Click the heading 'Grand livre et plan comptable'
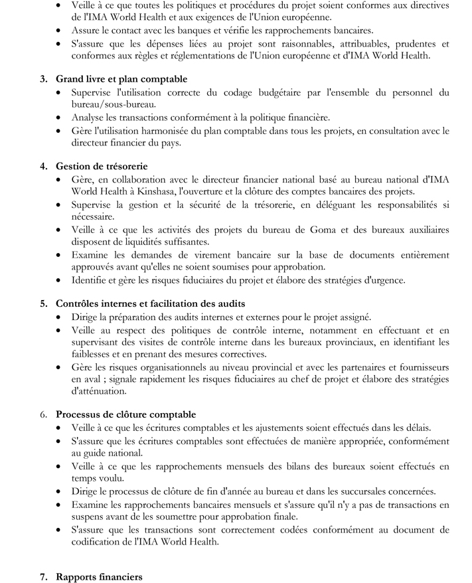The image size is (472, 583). pos(121,79)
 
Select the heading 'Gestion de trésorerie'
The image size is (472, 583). pos(102,166)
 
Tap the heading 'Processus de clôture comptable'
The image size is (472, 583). pos(125,414)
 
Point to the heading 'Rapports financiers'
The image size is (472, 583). pos(99,577)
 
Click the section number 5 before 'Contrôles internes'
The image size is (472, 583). pos(44,303)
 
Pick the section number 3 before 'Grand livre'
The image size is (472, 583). pos(44,79)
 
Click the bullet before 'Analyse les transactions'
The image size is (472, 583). pos(61,118)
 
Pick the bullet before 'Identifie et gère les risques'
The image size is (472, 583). pos(61,280)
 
